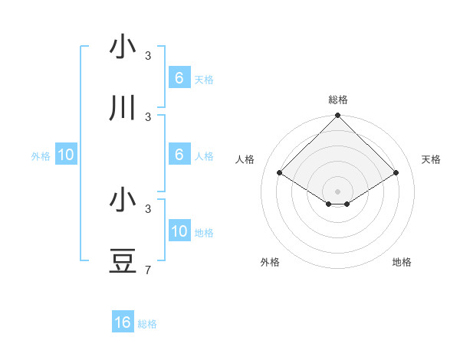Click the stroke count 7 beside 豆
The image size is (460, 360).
148,270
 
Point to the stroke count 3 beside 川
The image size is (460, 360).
148,116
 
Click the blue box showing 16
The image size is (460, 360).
123,322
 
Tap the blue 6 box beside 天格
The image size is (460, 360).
179,78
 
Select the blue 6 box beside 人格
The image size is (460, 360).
179,155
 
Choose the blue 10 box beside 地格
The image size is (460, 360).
179,231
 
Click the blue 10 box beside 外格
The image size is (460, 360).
66,155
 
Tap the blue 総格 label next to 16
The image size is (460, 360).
147,324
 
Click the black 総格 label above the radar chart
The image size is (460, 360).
338,100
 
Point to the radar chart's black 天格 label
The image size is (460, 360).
431,159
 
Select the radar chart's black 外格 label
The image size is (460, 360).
270,262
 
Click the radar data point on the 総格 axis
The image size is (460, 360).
338,116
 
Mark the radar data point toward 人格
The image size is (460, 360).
280,173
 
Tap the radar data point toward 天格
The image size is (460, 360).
396,173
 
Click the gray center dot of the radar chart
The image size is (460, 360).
338,191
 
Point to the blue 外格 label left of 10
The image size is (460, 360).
41,155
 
